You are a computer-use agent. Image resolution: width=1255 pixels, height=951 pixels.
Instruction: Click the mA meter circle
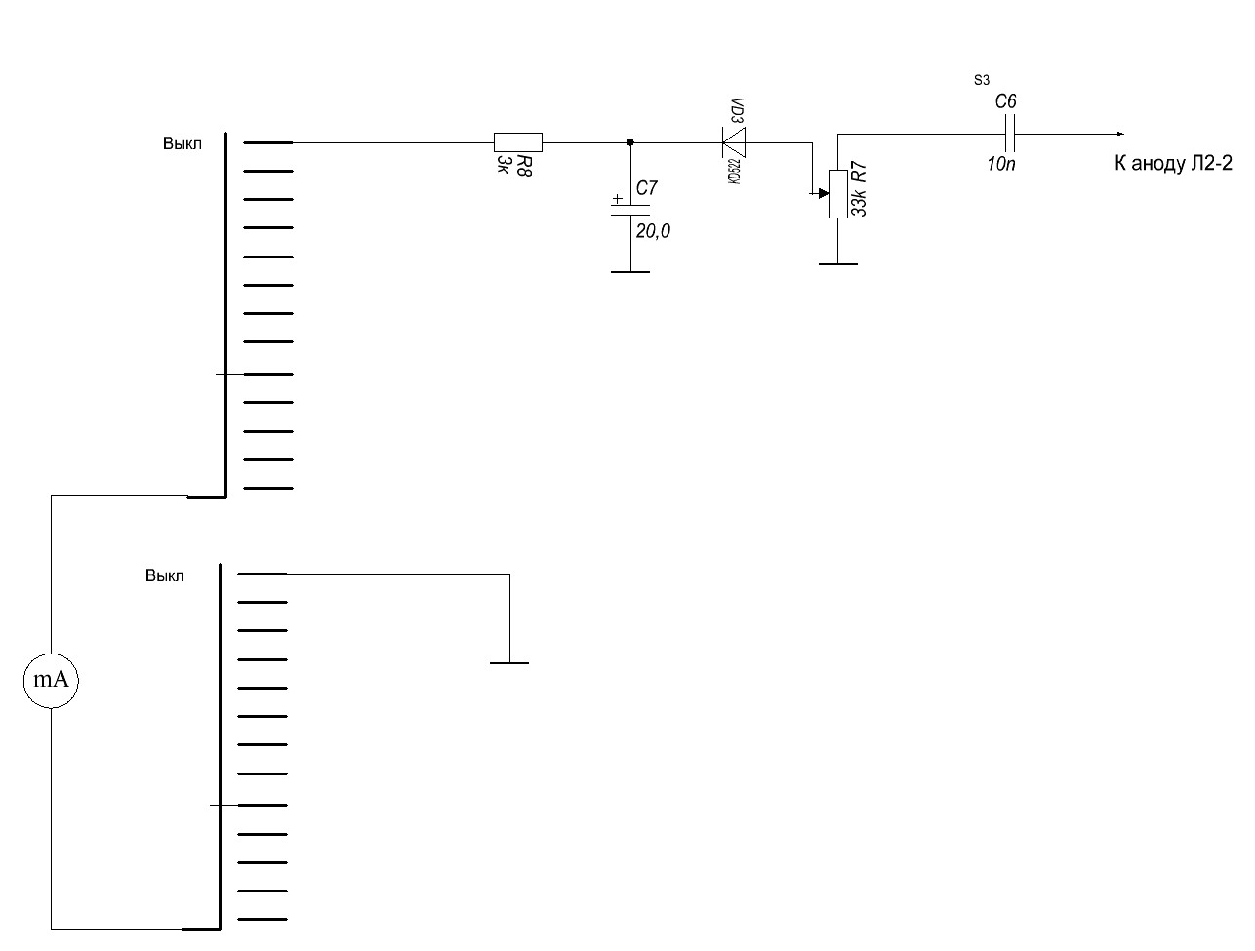(x=51, y=681)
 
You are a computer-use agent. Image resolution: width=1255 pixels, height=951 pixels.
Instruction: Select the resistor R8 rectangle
(x=517, y=142)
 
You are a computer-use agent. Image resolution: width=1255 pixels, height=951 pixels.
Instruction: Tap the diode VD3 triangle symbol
(x=734, y=142)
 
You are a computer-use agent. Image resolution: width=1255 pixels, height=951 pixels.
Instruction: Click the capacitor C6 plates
(x=1009, y=134)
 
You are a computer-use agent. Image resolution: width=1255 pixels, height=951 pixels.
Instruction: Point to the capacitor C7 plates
(x=630, y=210)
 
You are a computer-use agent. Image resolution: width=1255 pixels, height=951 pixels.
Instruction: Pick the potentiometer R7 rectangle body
(x=837, y=194)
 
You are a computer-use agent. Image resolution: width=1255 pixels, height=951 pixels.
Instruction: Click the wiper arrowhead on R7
(x=824, y=193)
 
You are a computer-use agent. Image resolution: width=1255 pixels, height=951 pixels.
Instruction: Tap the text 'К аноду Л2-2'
(x=1173, y=164)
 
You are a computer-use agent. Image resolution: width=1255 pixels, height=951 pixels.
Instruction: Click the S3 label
(x=981, y=80)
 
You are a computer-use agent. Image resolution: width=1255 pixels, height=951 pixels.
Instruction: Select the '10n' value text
(x=1001, y=164)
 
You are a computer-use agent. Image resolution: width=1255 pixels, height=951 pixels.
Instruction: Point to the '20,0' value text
(x=653, y=231)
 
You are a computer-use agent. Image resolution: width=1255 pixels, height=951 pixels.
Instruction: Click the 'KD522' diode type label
(x=735, y=171)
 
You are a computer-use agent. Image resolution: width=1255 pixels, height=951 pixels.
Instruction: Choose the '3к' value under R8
(x=503, y=164)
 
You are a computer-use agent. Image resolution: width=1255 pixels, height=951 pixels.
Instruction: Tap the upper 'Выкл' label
(x=182, y=143)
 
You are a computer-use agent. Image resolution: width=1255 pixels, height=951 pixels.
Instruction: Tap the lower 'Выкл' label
(x=165, y=575)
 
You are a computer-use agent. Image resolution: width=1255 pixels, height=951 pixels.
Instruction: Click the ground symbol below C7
(x=630, y=272)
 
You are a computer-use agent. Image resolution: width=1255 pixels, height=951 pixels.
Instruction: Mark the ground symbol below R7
(x=837, y=264)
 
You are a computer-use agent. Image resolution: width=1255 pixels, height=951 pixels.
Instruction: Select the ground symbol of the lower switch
(x=508, y=663)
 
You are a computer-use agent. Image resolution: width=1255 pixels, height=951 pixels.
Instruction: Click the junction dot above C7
(x=630, y=142)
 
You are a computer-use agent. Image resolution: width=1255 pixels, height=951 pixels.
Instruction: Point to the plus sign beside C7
(x=617, y=199)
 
